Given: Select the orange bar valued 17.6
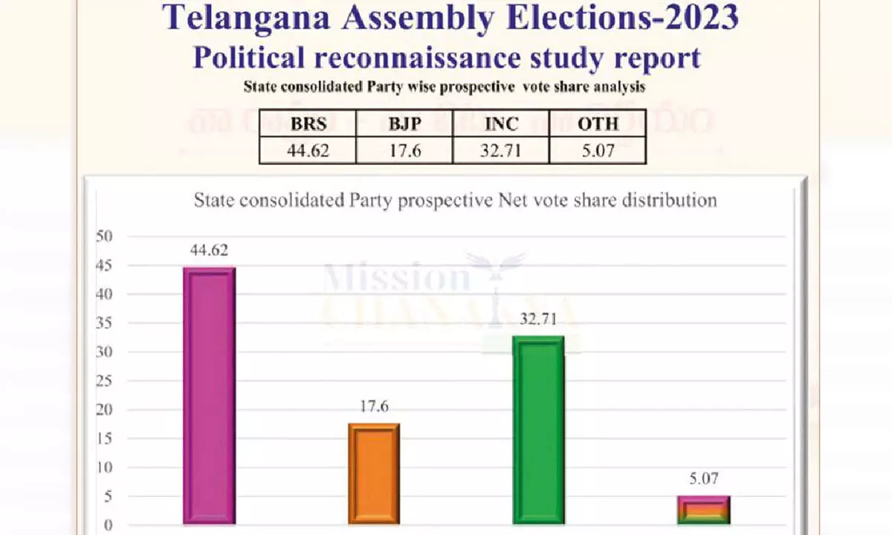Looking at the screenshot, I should [374, 474].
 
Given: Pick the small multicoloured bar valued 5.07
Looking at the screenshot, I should [703, 510].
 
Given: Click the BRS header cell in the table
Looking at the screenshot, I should [308, 124].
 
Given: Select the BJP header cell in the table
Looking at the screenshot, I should [404, 124].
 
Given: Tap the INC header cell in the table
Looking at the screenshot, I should [501, 124].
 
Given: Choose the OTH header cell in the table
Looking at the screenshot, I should [598, 124].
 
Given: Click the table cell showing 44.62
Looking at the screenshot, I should [308, 152].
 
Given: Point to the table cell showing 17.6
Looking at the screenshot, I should [404, 152].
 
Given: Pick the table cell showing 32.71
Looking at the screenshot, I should [501, 152].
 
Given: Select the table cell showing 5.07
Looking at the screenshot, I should [598, 152].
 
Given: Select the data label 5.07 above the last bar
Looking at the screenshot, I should [703, 480].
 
